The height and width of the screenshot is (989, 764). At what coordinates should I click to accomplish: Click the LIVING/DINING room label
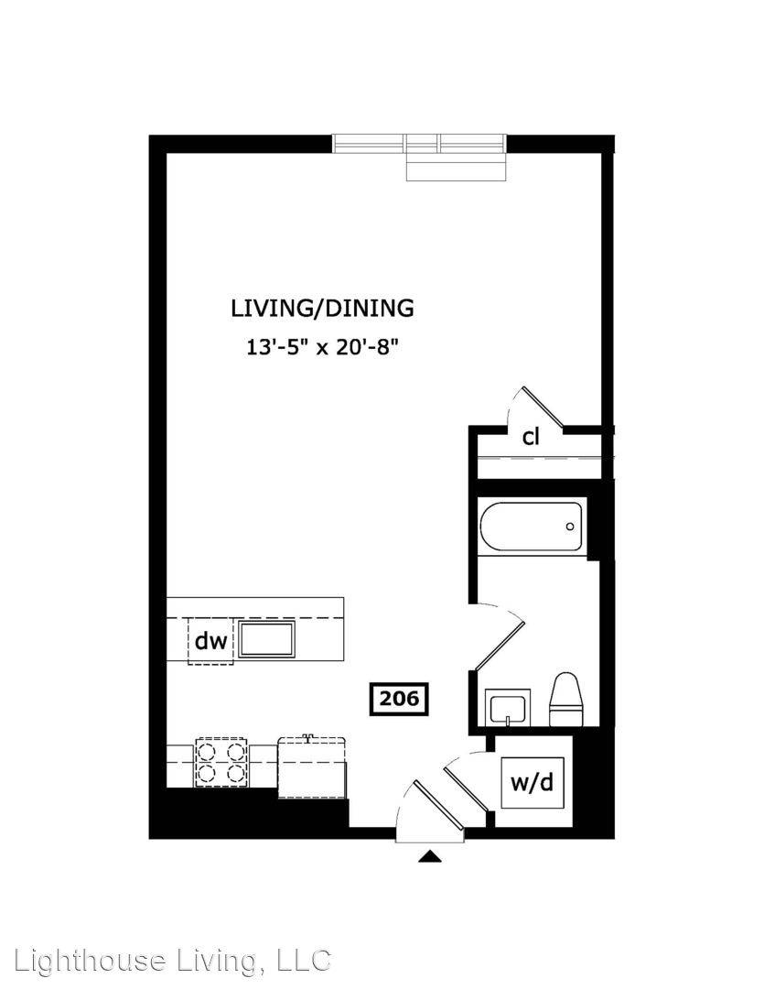click(x=322, y=309)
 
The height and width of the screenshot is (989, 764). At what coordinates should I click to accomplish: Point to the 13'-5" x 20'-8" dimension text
click(x=323, y=346)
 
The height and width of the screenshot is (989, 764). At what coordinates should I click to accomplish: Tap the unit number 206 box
click(x=398, y=699)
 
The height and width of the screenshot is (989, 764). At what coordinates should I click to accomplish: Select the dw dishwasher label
click(x=210, y=641)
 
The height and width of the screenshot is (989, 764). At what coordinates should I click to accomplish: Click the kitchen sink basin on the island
click(x=266, y=639)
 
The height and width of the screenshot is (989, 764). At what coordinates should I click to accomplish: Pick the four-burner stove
click(x=220, y=762)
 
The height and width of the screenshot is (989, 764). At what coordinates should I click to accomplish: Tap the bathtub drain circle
click(x=570, y=527)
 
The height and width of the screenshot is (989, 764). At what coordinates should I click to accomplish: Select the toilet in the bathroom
click(x=567, y=700)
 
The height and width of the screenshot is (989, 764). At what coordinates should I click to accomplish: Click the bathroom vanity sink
click(x=508, y=706)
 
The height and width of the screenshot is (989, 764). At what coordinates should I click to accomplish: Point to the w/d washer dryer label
click(x=532, y=783)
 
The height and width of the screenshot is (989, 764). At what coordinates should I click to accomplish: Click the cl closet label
click(x=531, y=437)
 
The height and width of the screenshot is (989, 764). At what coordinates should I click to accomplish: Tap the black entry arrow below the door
click(x=431, y=856)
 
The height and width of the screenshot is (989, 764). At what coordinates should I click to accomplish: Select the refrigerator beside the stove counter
click(x=312, y=766)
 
